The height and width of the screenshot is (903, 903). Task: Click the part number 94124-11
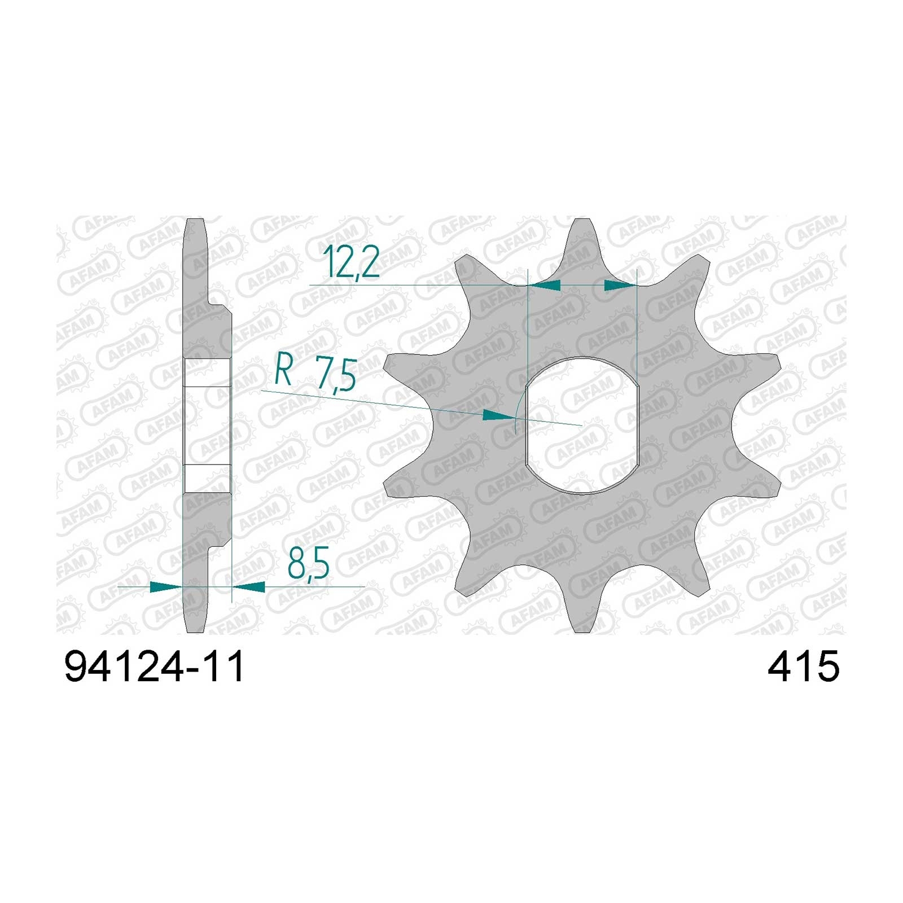[x=155, y=667]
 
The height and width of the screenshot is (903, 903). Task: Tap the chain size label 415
[x=803, y=667]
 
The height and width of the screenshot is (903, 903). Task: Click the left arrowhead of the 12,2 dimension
[x=543, y=286]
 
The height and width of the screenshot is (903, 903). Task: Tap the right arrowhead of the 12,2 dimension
[x=620, y=286]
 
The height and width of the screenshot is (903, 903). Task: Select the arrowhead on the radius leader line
[x=500, y=416]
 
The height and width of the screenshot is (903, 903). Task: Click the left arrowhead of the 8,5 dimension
[x=166, y=587]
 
